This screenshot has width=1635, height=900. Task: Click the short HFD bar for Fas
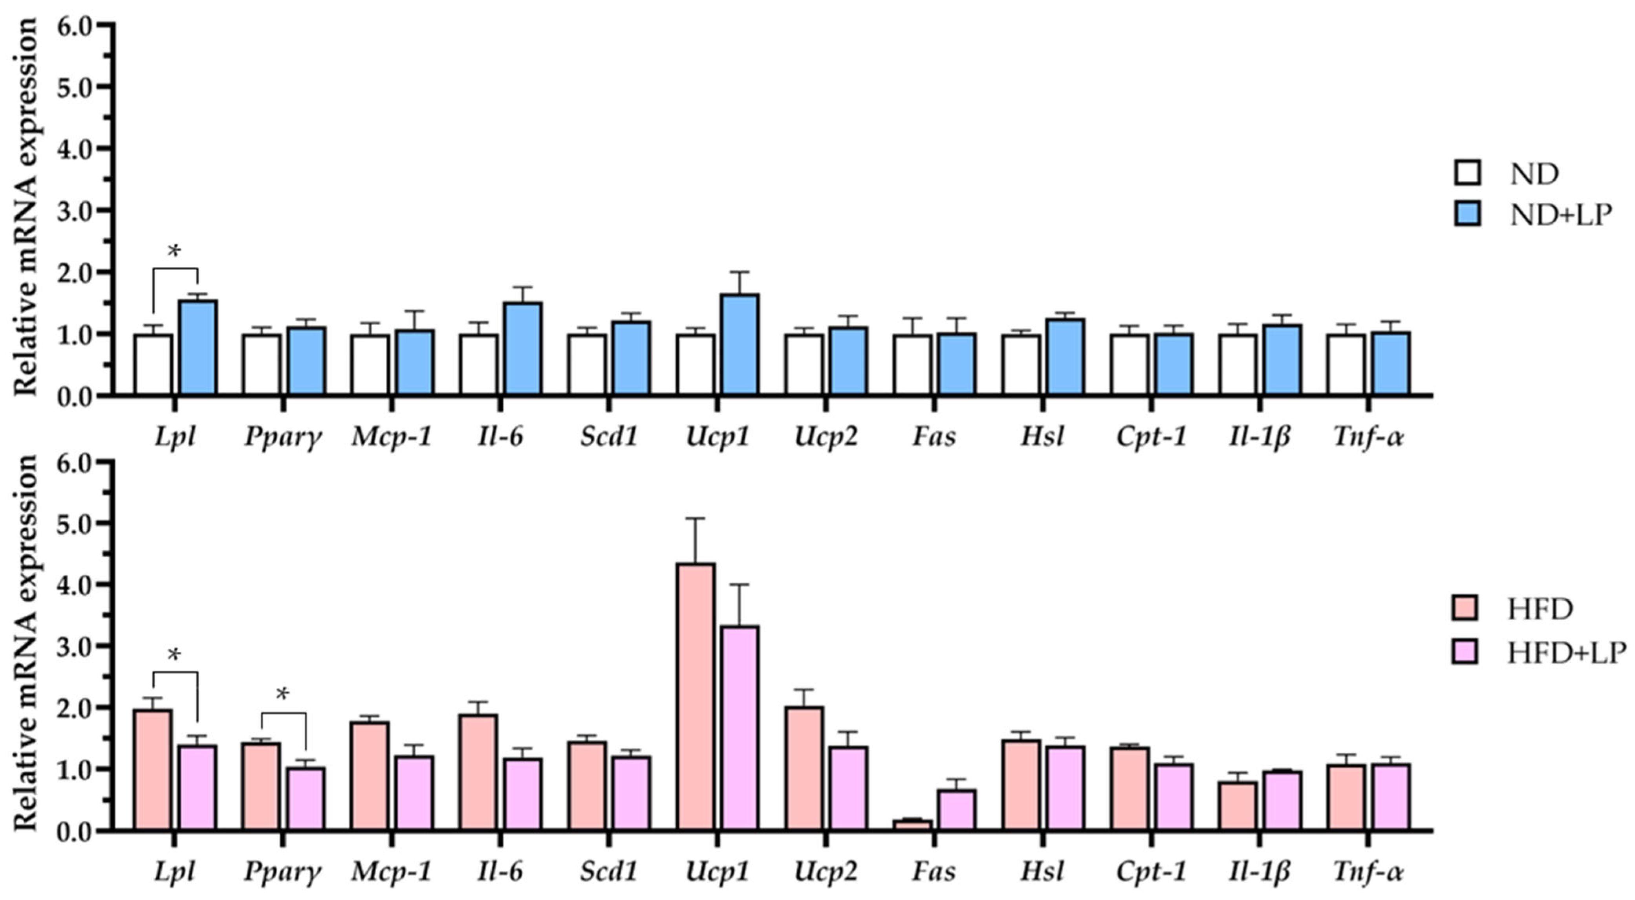click(x=912, y=825)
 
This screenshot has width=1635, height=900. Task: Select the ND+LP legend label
click(x=1560, y=216)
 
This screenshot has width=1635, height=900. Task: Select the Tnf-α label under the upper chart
click(x=1368, y=437)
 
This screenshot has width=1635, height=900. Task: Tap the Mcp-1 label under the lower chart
click(x=392, y=871)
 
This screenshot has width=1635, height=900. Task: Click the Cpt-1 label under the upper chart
click(x=1151, y=437)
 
